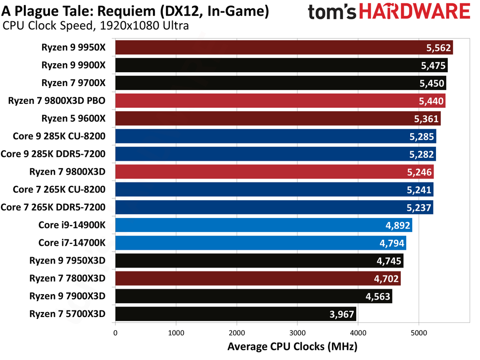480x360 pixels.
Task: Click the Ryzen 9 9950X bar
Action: tap(284, 47)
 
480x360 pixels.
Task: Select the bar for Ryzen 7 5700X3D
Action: tap(236, 314)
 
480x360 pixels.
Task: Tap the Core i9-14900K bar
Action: tap(263, 225)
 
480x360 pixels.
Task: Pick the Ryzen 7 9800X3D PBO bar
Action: tap(280, 101)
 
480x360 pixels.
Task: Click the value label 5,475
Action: tap(432, 65)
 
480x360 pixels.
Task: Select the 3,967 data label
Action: tap(341, 314)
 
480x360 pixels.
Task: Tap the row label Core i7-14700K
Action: tap(72, 243)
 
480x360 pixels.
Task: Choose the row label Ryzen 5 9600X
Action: tap(74, 119)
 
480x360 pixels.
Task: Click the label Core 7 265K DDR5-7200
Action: tap(53, 207)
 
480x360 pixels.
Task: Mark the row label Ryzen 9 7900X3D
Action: tap(68, 296)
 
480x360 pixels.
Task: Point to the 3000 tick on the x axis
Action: tap(297, 333)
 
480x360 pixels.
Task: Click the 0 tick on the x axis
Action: tap(115, 333)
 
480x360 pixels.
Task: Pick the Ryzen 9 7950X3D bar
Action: tap(259, 261)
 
